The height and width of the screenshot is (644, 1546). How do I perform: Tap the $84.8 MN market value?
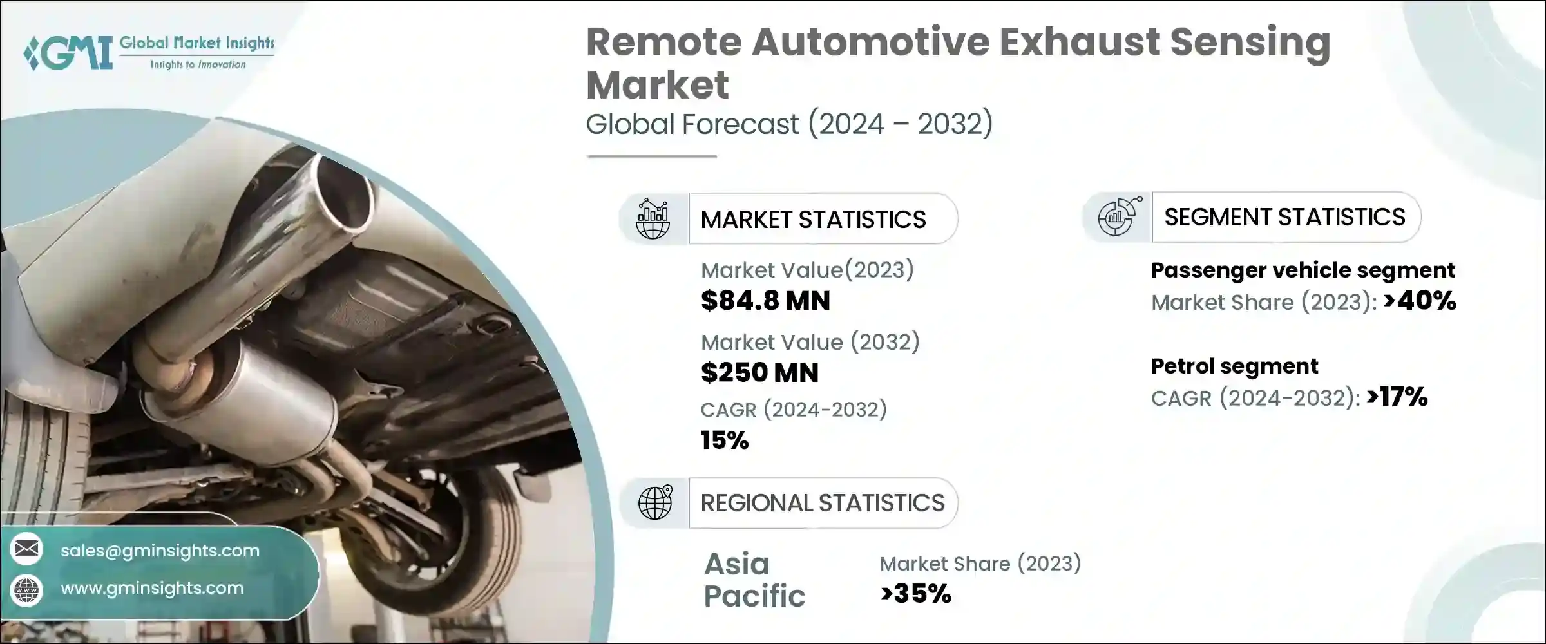pos(765,301)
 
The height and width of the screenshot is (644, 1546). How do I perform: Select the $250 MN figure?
pos(759,373)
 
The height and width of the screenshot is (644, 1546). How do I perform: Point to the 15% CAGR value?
pos(725,440)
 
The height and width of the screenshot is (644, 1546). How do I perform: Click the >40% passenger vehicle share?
pos(1419,301)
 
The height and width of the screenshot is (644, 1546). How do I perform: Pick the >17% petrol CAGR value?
pos(1397,397)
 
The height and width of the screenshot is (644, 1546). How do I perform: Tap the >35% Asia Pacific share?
pos(915,594)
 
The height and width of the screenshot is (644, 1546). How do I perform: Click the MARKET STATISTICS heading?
pos(813,220)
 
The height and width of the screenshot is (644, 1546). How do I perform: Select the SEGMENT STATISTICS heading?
pos(1284,217)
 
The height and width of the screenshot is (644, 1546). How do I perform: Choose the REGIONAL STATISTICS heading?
pos(823,503)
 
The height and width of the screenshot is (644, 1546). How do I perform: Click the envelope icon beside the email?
pos(27,549)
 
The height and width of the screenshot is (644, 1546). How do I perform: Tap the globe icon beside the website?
pos(27,589)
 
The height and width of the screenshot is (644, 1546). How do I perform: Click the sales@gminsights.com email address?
pos(160,551)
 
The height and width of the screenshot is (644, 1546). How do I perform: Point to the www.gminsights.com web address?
pos(152,588)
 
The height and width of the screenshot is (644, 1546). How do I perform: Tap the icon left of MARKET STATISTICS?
pos(653,220)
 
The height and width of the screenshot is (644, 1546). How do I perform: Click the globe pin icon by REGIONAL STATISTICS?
pos(654,503)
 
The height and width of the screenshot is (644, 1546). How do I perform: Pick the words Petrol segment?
pos(1234,366)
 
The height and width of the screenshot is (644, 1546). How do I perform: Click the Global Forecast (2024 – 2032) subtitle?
pos(789,124)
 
